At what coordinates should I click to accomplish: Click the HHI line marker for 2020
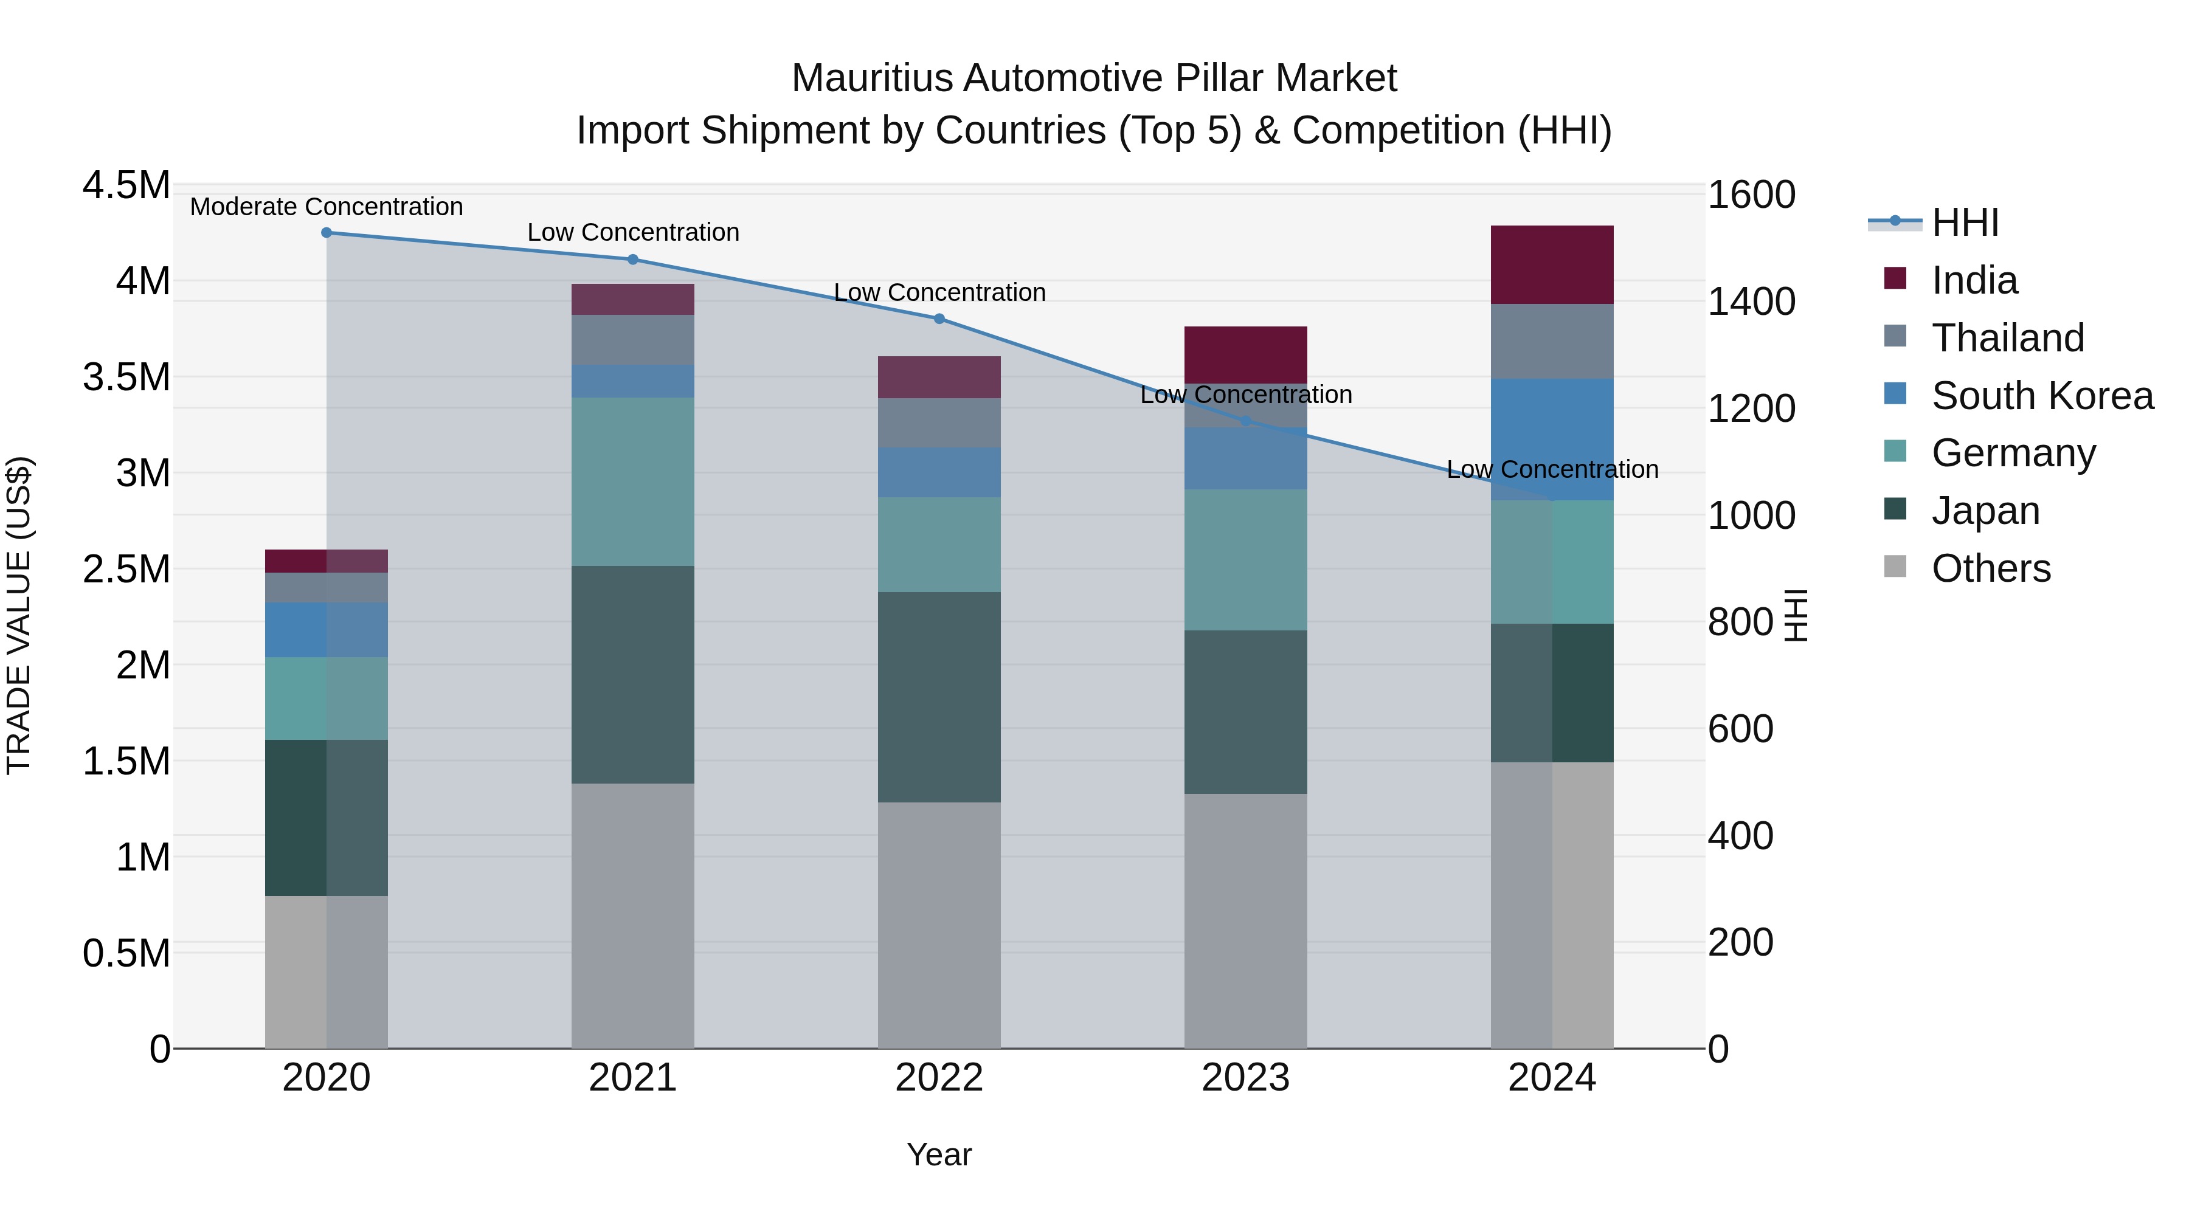coord(327,233)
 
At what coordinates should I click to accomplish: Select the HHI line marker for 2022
coord(939,319)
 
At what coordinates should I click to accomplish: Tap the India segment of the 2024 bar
coord(1552,265)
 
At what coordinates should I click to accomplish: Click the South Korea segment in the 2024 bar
coord(1552,440)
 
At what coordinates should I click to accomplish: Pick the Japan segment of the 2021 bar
coord(632,675)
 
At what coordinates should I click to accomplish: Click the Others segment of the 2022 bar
coord(939,925)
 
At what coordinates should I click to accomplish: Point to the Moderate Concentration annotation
coord(327,207)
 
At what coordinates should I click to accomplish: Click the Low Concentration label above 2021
coord(633,232)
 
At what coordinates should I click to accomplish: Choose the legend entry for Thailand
coord(2007,338)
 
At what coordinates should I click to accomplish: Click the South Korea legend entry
coord(2042,396)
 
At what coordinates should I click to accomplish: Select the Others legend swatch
coord(1895,567)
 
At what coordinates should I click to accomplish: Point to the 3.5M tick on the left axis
coord(126,377)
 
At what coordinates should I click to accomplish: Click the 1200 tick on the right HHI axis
coord(1751,409)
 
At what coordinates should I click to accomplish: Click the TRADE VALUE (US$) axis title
coord(19,615)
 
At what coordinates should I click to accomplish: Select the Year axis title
coord(939,1154)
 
